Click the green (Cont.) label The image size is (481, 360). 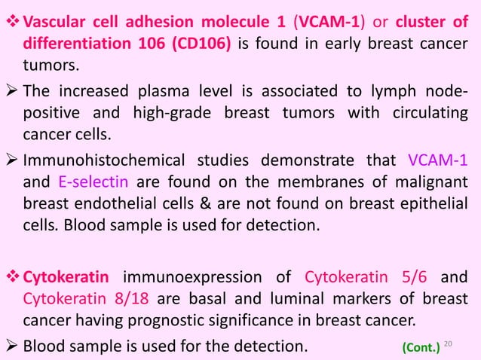pyautogui.click(x=423, y=347)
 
